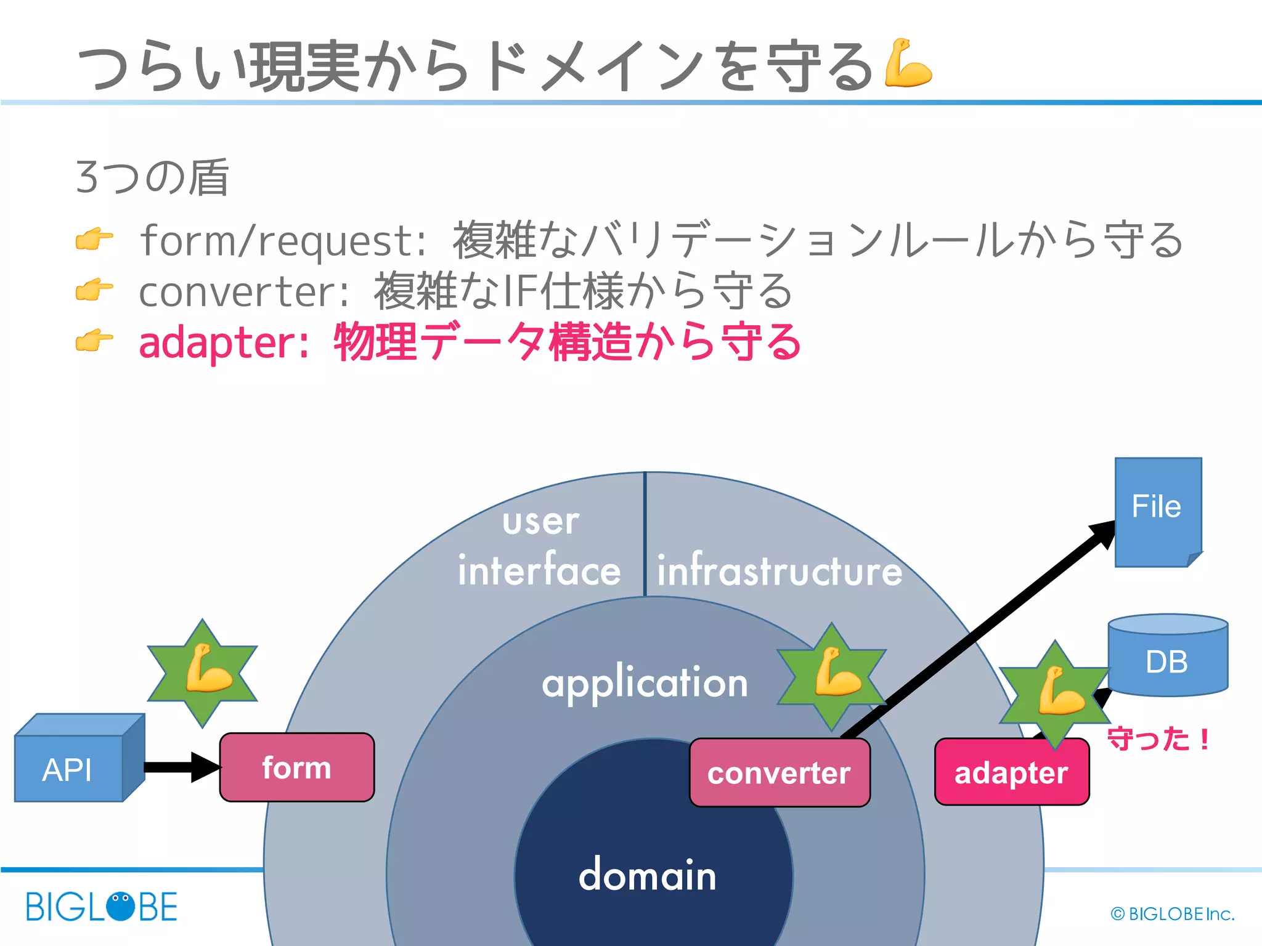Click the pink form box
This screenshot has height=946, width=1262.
(x=296, y=767)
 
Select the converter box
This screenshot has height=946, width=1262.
(x=780, y=773)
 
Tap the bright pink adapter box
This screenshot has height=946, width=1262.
(x=1011, y=772)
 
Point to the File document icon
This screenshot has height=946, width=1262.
(x=1157, y=511)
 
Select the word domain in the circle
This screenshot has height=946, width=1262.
(x=647, y=875)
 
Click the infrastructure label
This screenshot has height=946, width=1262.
(x=779, y=570)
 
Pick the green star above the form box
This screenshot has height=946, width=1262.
(x=202, y=673)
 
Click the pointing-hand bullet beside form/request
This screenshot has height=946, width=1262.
(x=94, y=239)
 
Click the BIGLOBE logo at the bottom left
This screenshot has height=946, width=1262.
(x=102, y=907)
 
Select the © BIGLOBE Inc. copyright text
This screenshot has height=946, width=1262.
(x=1172, y=914)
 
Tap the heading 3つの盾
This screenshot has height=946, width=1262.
(x=152, y=177)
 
